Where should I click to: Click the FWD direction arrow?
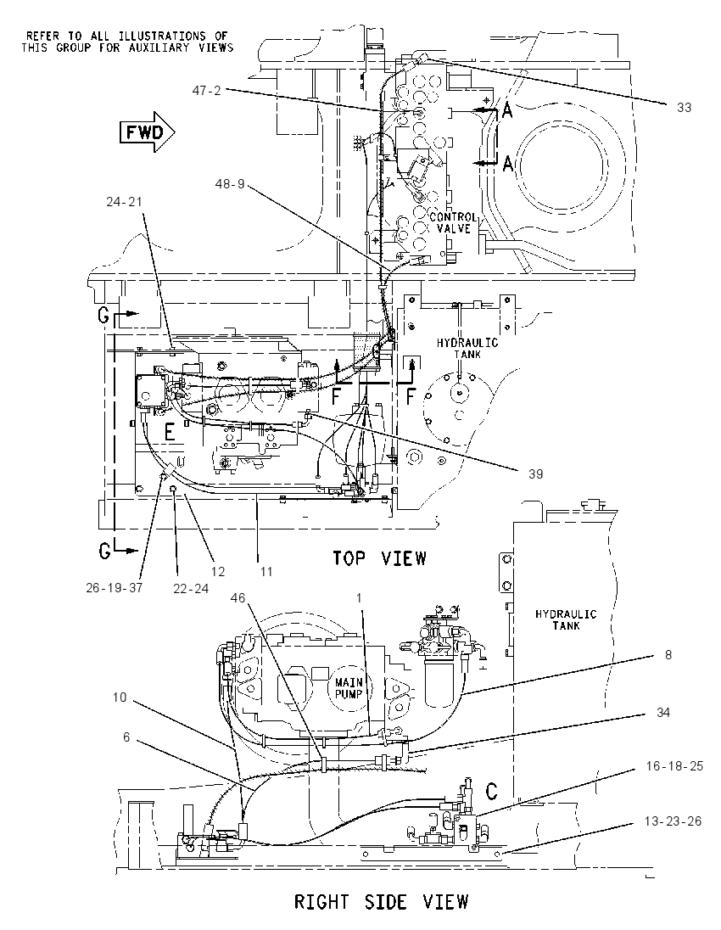coord(147,132)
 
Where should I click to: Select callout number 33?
coord(685,108)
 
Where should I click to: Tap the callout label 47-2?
coord(206,90)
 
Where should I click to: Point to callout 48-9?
coord(230,184)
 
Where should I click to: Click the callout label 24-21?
coord(125,202)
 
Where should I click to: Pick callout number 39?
coord(535,473)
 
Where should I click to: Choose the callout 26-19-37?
coord(115,588)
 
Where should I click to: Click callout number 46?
coord(238,598)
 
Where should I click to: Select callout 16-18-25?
coord(674,765)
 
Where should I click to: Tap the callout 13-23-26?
coord(673,821)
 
